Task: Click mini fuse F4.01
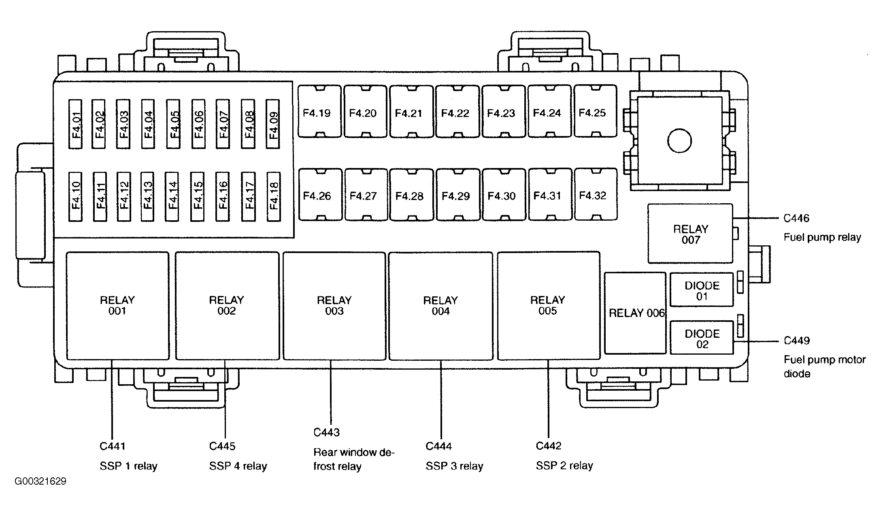pos(76,123)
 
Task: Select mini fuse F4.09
pos(273,123)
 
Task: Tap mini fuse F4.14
pos(172,197)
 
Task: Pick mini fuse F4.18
pos(274,197)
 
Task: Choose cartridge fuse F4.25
pos(595,111)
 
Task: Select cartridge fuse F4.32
pos(596,194)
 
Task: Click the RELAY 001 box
pos(117,306)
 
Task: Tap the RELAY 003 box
pos(334,306)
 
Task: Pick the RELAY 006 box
pos(635,313)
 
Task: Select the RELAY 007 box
pos(690,234)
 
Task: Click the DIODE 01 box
pos(702,290)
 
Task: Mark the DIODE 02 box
pos(702,338)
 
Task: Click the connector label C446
pos(796,218)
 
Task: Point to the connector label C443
pos(327,432)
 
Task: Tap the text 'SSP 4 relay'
pos(238,466)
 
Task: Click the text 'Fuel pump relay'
pos(822,237)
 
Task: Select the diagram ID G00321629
pos(40,481)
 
